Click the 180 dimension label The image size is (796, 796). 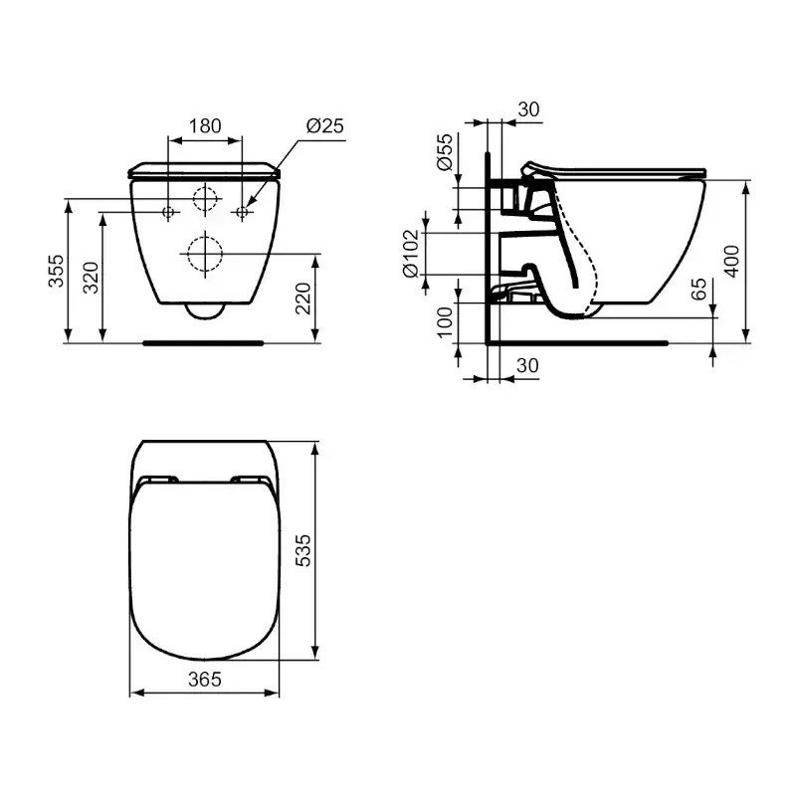point(205,126)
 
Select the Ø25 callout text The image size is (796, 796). point(325,125)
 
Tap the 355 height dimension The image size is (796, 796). point(57,271)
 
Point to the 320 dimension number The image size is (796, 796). point(91,278)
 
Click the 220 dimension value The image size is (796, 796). point(303,298)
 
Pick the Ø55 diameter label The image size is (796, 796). point(444,152)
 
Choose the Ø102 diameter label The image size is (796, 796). point(411,254)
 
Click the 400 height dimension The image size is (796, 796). point(731,262)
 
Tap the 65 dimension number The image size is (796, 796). point(699,290)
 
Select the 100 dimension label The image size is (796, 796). point(445,322)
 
